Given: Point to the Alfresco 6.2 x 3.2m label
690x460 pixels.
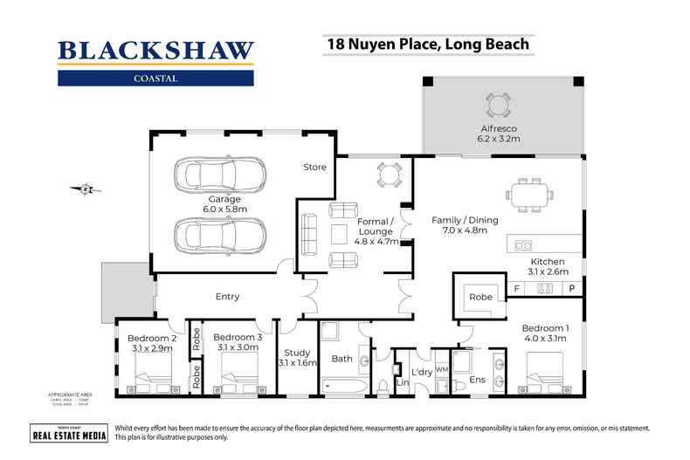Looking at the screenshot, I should pyautogui.click(x=498, y=132).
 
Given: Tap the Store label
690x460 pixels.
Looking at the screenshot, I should pyautogui.click(x=314, y=167).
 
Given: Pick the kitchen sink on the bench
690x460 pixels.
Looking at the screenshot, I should pyautogui.click(x=524, y=244).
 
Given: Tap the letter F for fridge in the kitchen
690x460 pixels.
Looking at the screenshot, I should pyautogui.click(x=517, y=288).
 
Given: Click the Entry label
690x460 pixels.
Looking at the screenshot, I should pyautogui.click(x=227, y=297).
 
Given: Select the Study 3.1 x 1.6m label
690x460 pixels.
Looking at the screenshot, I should pyautogui.click(x=297, y=357).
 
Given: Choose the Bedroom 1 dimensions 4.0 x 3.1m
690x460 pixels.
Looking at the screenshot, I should pyautogui.click(x=545, y=338).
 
